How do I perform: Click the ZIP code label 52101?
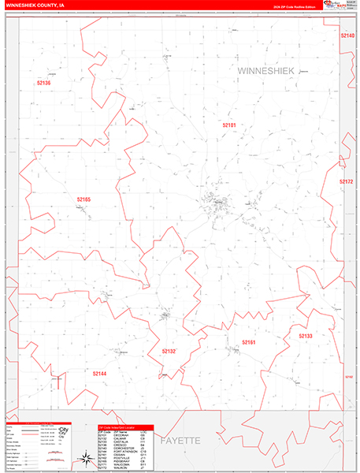tap(228, 125)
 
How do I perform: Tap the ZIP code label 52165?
tap(84, 199)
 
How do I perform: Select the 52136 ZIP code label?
tap(43, 83)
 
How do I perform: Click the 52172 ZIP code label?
tap(347, 182)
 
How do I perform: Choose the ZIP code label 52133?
tap(306, 336)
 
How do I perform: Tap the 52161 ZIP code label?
tap(249, 342)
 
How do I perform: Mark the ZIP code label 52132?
tap(169, 350)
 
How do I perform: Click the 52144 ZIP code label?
tap(98, 373)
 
